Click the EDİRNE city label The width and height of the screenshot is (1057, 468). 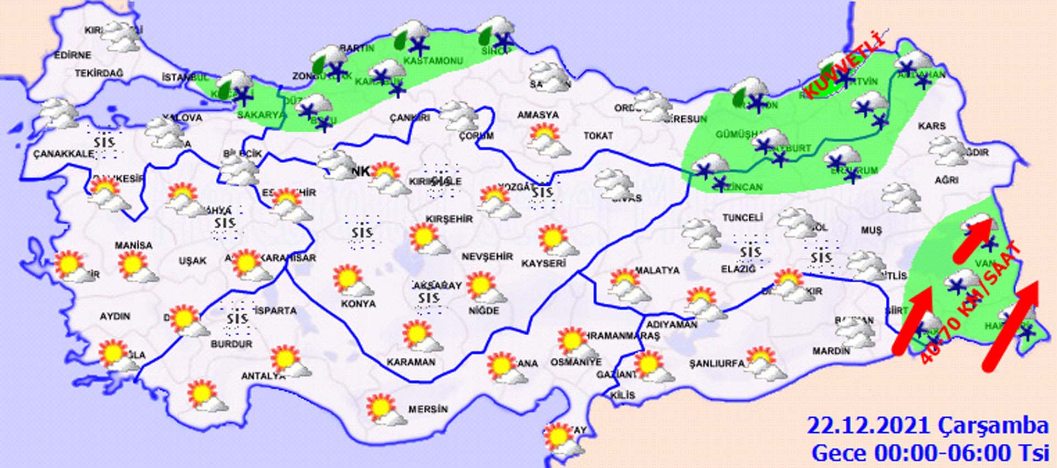[73, 55]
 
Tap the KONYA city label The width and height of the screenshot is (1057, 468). [358, 304]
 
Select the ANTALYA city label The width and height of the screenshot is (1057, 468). [263, 376]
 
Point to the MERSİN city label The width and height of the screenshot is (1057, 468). [428, 409]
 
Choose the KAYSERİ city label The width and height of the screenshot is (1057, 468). [543, 263]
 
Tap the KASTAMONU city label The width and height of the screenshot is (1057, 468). [433, 61]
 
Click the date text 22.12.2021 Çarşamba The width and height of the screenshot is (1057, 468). [927, 426]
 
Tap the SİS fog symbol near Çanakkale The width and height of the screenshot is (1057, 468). [103, 142]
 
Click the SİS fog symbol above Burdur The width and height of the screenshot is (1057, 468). [237, 319]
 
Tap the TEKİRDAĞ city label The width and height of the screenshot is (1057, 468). [99, 73]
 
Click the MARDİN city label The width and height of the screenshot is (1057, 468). [831, 351]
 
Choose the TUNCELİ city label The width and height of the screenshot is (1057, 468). [742, 218]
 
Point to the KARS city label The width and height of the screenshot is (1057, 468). [931, 126]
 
